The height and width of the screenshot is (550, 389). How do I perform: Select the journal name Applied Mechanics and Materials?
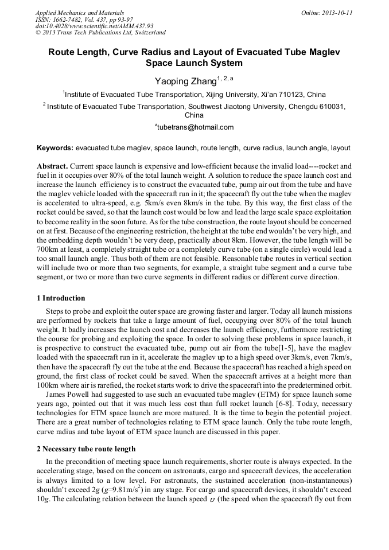(80, 13)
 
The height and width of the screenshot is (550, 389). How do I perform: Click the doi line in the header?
(94, 26)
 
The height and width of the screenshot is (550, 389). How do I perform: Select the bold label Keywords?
(55, 147)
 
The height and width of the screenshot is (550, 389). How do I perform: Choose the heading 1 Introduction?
(61, 298)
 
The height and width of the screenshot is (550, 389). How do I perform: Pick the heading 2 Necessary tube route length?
(86, 448)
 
